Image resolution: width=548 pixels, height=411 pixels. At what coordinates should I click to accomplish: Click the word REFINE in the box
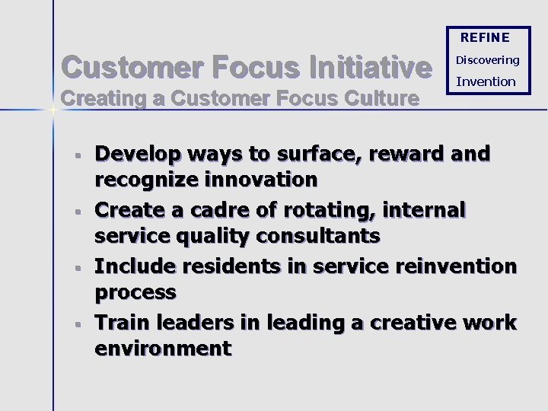pos(485,37)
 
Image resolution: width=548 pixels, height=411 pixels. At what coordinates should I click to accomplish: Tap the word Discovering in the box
pos(487,60)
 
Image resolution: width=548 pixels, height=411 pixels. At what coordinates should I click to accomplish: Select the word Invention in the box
pos(486,81)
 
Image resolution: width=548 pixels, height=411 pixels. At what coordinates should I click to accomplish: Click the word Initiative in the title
pos(366,68)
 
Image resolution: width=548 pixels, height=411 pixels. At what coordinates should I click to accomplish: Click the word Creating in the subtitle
pos(93,98)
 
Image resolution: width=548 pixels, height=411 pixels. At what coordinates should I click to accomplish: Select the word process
pos(135,292)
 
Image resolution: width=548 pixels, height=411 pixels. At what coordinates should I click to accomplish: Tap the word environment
pos(163,349)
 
